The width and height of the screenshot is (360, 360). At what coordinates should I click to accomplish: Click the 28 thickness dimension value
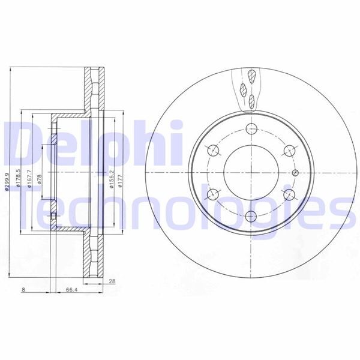click(112, 281)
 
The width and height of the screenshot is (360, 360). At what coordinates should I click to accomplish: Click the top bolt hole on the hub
click(251, 128)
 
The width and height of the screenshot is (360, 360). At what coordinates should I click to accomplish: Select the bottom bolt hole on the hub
click(251, 216)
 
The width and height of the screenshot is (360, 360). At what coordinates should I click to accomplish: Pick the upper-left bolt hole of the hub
click(213, 150)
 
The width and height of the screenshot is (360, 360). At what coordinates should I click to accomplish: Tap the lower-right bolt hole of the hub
click(289, 194)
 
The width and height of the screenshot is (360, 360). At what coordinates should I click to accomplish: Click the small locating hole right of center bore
click(294, 172)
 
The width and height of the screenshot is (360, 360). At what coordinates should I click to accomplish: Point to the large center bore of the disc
click(251, 172)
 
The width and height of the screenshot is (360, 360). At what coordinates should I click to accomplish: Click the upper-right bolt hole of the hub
click(289, 150)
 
